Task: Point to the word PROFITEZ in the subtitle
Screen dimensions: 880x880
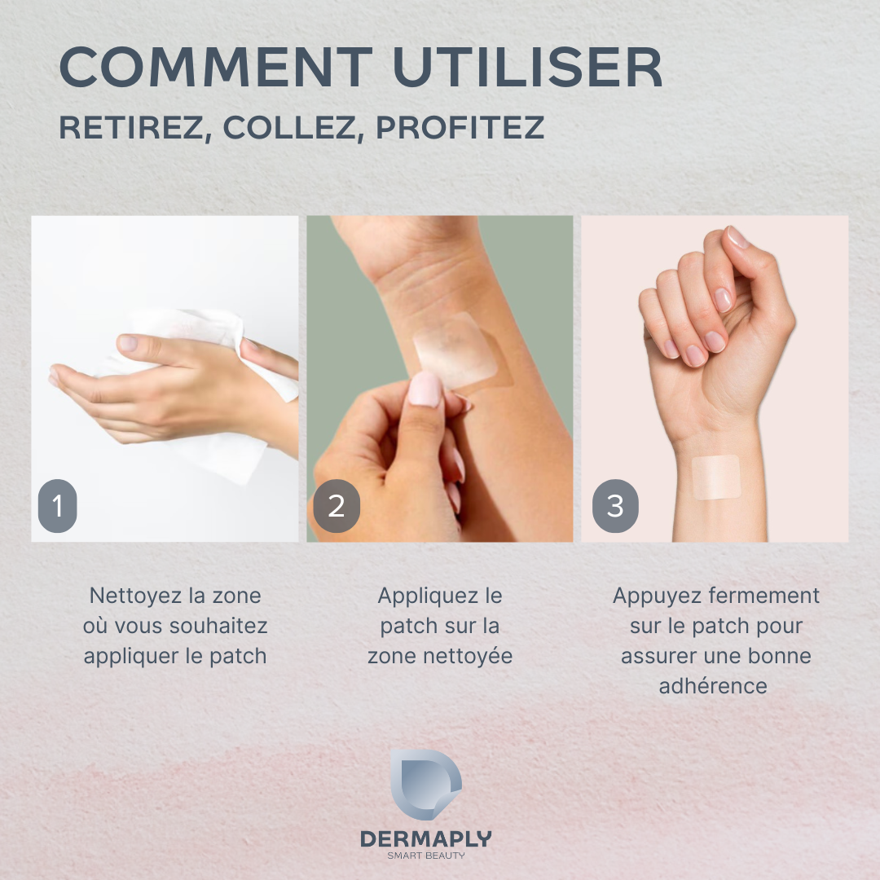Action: coord(460,128)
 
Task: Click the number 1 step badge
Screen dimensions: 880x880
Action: coord(57,507)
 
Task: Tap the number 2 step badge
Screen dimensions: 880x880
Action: coord(336,507)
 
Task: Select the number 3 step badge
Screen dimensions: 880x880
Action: coord(615,507)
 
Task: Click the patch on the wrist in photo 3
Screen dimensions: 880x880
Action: coord(715,477)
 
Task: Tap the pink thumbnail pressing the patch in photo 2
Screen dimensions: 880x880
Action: coord(425,389)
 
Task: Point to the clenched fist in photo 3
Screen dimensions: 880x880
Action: coord(717,310)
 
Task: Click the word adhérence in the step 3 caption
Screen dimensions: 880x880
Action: coord(713,686)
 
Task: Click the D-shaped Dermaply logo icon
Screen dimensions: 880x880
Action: coord(425,784)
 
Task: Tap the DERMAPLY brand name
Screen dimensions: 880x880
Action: coord(426,838)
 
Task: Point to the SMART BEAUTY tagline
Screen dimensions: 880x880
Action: coord(426,856)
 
